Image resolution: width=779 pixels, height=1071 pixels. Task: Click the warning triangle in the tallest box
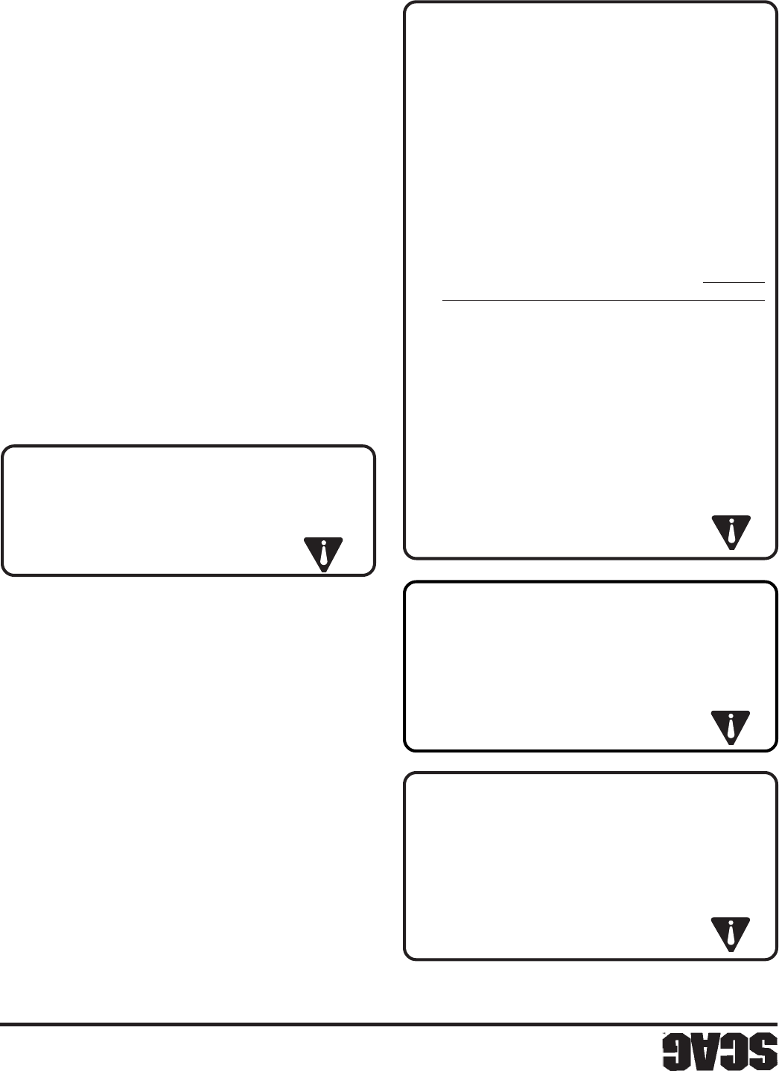tap(731, 529)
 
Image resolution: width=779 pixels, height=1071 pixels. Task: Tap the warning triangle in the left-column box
tap(323, 552)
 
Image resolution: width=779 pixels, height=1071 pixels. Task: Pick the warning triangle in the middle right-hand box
tap(731, 726)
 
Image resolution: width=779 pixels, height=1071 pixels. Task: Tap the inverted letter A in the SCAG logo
tap(702, 1052)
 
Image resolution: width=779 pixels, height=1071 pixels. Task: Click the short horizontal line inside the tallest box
tap(734, 283)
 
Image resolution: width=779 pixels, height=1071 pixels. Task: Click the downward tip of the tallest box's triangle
tap(731, 549)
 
